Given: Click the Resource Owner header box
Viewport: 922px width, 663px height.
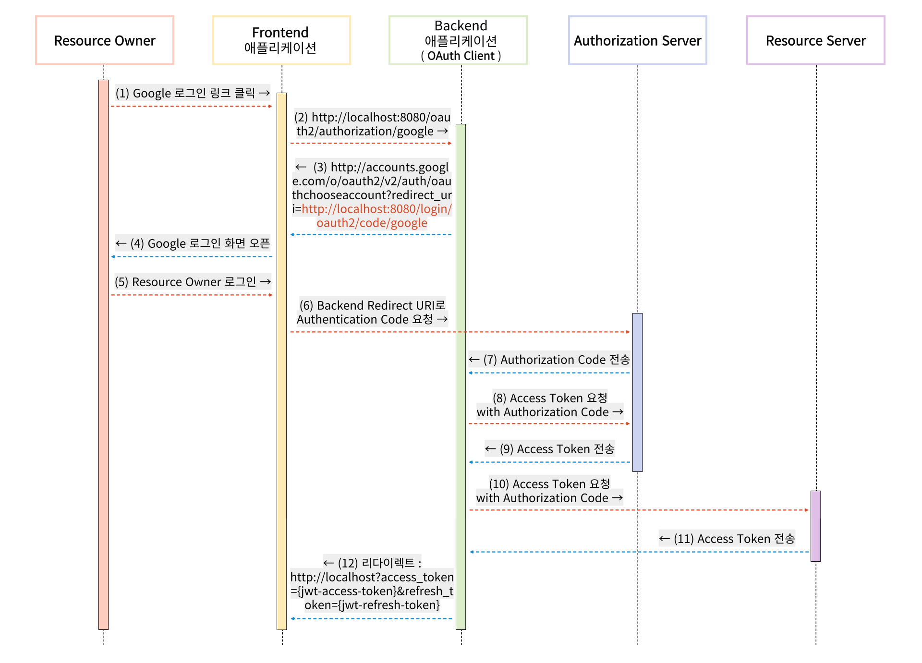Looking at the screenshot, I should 105,40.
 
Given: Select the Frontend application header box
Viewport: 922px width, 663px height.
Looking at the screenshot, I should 281,40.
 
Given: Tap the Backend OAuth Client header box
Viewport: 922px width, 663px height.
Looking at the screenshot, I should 458,40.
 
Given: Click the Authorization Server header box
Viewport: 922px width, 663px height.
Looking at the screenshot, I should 637,40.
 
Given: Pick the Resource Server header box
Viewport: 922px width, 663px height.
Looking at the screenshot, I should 815,40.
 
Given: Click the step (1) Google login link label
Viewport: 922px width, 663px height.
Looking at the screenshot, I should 192,93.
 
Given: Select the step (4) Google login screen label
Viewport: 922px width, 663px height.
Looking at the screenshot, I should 192,243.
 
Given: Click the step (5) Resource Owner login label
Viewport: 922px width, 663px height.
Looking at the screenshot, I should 192,282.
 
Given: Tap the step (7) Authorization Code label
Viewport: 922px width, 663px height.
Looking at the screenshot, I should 549,360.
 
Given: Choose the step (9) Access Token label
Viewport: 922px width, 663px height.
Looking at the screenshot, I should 549,449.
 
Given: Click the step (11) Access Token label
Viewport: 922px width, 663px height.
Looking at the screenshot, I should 727,539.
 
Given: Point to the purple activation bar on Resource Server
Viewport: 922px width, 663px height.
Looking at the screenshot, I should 815,526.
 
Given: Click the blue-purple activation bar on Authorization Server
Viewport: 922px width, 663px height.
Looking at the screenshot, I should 637,392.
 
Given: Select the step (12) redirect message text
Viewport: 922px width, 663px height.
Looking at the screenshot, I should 372,584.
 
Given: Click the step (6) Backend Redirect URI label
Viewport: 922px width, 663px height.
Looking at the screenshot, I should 372,312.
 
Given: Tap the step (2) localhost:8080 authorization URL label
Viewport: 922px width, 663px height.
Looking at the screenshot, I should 372,124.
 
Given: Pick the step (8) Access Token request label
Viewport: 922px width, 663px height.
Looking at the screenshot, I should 549,405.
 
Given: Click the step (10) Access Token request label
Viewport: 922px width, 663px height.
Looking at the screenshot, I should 549,491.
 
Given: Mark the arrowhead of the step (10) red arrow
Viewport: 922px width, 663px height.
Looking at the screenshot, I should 807,510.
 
